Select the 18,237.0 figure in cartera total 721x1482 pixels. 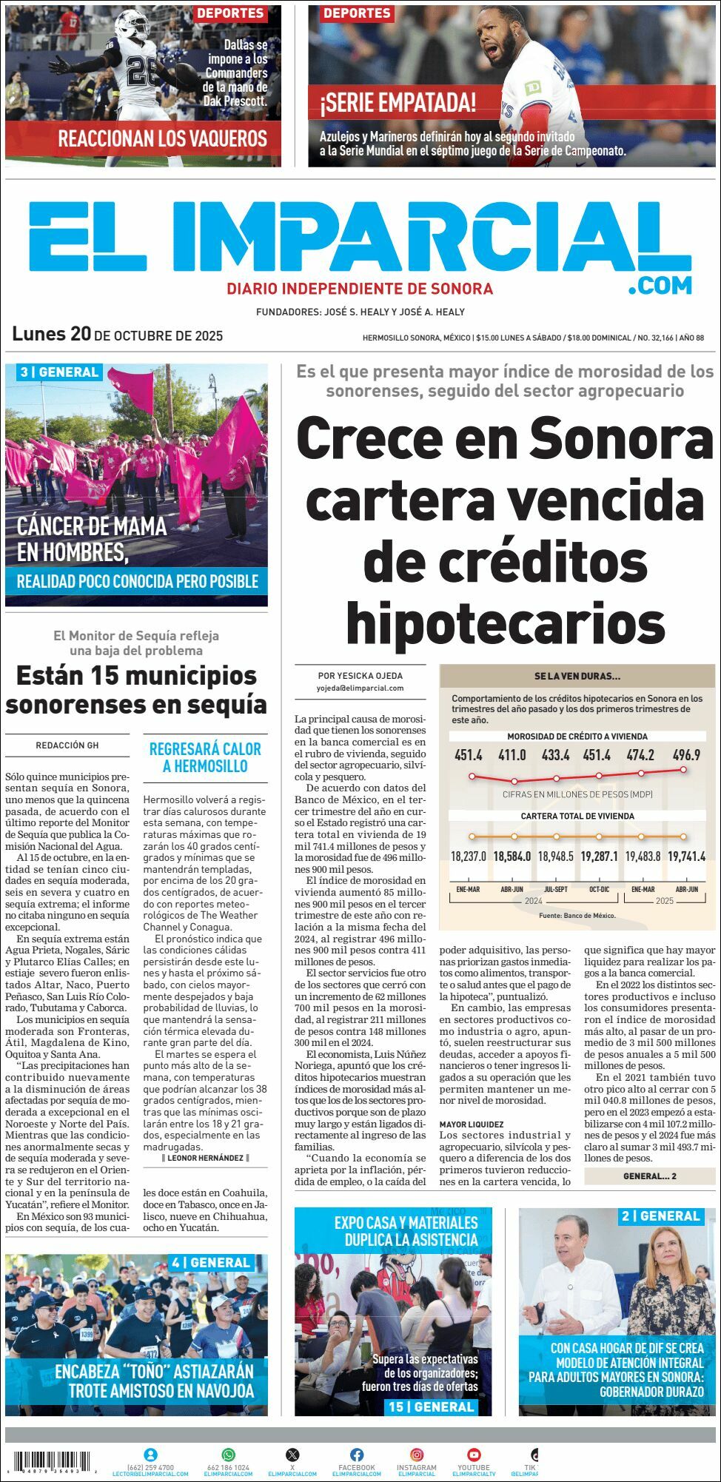[469, 856]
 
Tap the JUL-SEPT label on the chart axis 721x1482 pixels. [556, 889]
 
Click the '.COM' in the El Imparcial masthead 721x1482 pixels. [660, 285]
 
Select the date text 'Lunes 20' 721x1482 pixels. [51, 334]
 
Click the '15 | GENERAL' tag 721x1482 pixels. [432, 1406]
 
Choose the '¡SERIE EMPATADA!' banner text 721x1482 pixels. [398, 102]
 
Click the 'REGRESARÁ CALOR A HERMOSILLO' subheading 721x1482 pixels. [205, 757]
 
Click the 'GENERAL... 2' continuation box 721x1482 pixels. [649, 1176]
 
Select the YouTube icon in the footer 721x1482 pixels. [474, 1455]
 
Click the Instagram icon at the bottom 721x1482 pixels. [417, 1455]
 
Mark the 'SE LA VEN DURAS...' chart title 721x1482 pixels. [577, 676]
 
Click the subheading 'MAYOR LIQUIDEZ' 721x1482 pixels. [472, 1124]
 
